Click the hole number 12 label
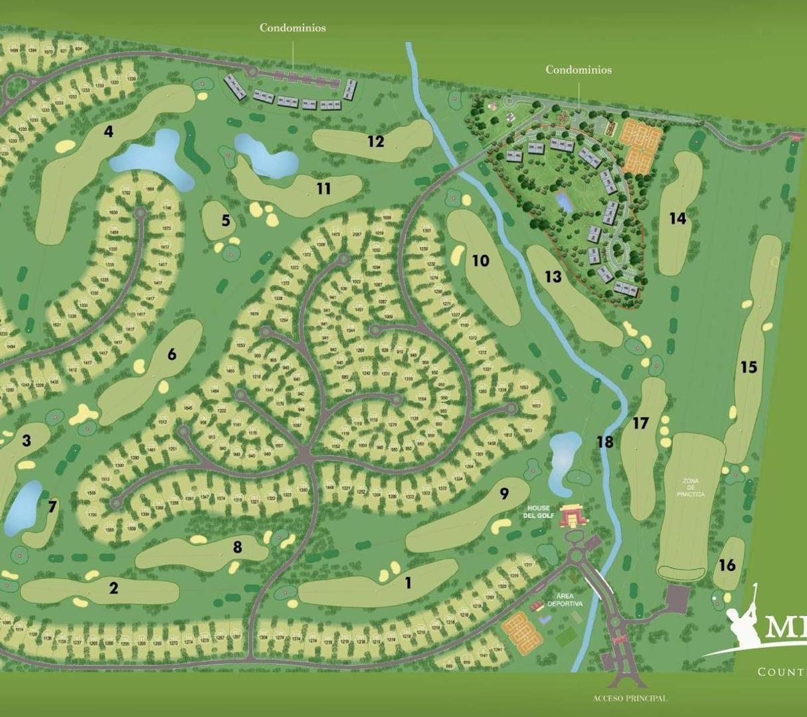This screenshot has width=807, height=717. click(x=376, y=141)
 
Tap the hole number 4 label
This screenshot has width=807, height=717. click(x=108, y=131)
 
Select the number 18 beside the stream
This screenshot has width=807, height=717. click(x=604, y=441)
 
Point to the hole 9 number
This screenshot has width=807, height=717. click(x=504, y=493)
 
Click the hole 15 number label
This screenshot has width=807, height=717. click(x=749, y=367)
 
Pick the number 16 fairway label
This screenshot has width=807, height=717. click(x=727, y=565)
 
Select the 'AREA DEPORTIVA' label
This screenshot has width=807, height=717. click(x=565, y=599)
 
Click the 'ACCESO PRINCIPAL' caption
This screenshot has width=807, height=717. click(x=629, y=698)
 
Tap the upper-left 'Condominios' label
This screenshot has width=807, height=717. click(x=292, y=28)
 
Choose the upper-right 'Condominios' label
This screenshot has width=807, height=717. click(x=579, y=70)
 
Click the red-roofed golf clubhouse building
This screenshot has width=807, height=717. click(x=573, y=516)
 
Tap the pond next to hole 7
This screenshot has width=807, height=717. click(x=23, y=507)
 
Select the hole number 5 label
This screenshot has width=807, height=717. click(x=226, y=220)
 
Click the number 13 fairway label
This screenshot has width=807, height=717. click(x=553, y=276)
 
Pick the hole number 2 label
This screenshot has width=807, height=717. click(x=114, y=588)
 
